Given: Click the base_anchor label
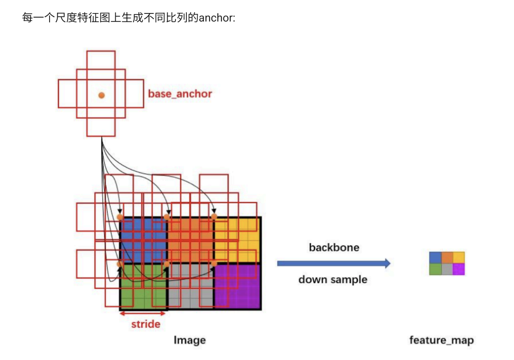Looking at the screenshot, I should tap(180, 94).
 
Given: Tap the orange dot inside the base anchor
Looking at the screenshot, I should tap(102, 95).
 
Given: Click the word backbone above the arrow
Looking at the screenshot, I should tap(334, 247).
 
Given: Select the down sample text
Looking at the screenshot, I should tap(333, 279).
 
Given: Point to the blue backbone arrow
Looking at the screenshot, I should tap(333, 263).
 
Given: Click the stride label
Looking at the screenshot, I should tap(146, 324).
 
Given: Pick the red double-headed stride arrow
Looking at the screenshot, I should tap(143, 314).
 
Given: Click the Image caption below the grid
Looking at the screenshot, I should tap(190, 340).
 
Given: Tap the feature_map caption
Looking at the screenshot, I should tap(441, 340).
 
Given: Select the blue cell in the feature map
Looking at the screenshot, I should tap(435, 257).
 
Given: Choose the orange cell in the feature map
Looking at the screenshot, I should tap(447, 257).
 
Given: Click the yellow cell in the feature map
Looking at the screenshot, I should tap(459, 257).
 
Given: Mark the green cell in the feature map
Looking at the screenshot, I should tap(435, 269).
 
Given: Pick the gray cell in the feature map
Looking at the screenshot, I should tap(447, 269).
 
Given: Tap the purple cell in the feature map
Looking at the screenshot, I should tap(459, 269).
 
